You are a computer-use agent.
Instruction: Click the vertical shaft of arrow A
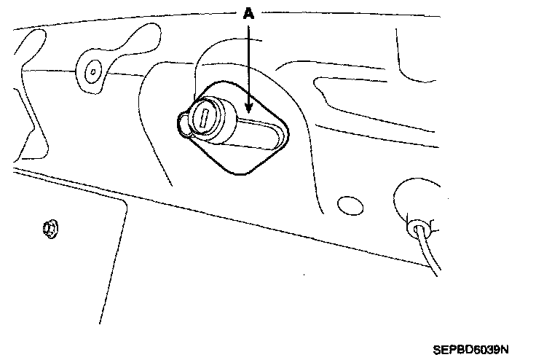click(250, 66)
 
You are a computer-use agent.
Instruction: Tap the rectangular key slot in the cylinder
click(205, 116)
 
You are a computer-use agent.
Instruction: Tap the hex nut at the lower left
click(50, 230)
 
